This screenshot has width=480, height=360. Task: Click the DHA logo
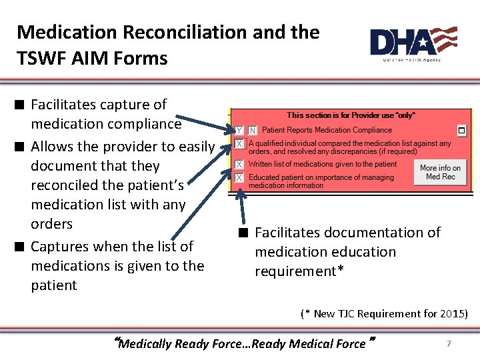[413, 43]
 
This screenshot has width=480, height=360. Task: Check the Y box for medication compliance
[239, 130]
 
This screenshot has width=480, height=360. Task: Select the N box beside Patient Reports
[253, 130]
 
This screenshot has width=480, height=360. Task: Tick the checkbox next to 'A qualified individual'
[239, 144]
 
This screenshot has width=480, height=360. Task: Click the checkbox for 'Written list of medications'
[239, 164]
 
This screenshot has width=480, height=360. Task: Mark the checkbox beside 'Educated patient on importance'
[239, 178]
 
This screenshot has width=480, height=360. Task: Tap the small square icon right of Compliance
[461, 129]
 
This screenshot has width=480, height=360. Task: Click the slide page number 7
[449, 343]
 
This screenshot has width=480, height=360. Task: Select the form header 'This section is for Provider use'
[351, 115]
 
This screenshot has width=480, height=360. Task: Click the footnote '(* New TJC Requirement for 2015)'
[384, 313]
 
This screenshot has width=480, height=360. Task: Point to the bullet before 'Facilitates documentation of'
[245, 233]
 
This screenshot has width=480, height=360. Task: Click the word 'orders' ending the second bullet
[51, 223]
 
